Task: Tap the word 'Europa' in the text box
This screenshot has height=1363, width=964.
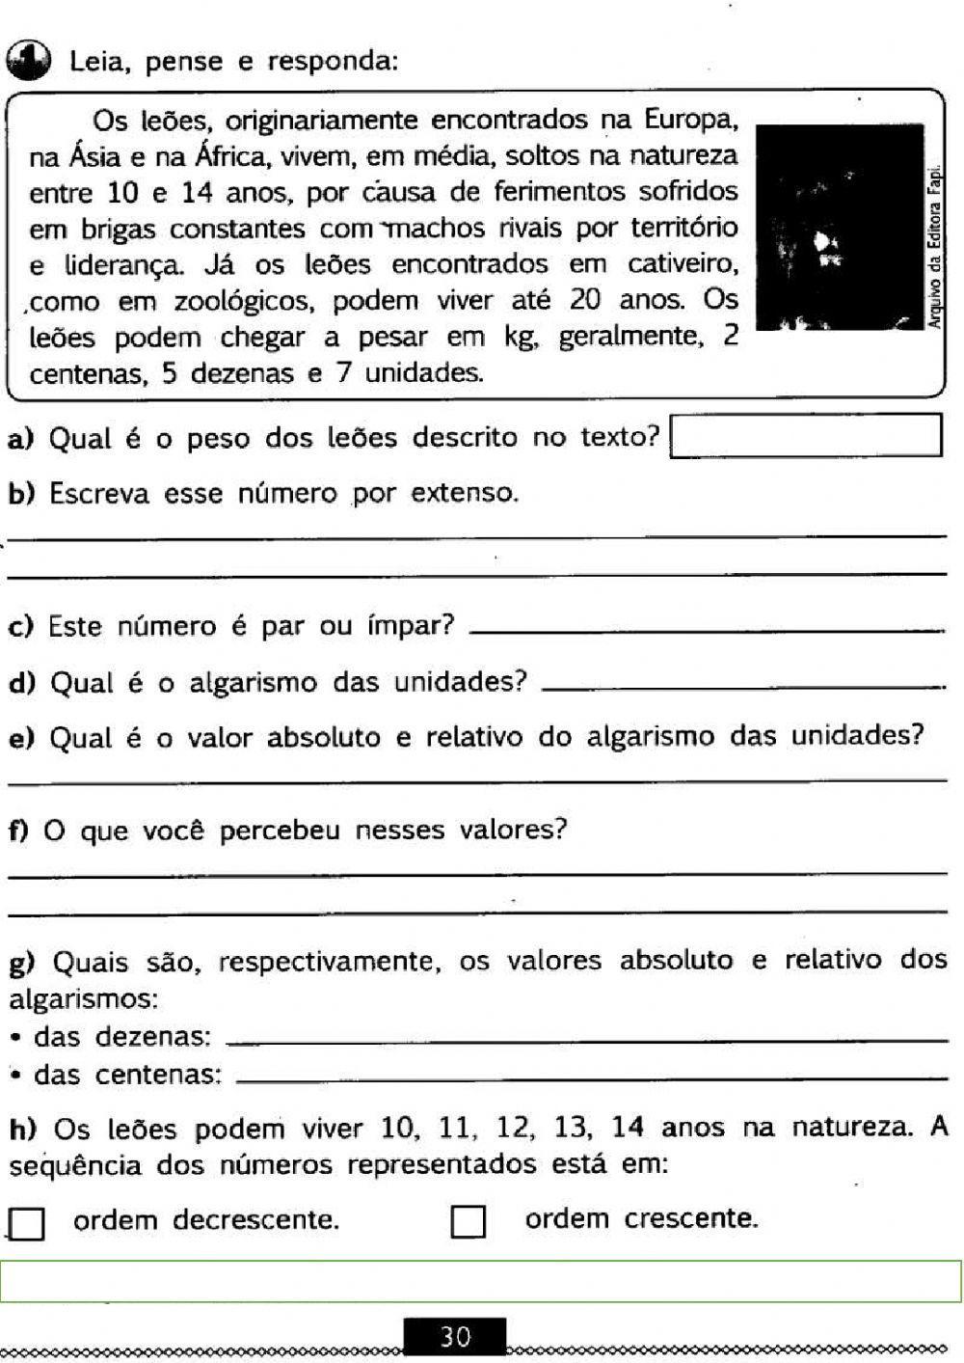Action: [x=691, y=121]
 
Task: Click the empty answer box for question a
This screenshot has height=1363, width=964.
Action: [x=805, y=435]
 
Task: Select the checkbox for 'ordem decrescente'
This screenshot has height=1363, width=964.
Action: [x=27, y=1224]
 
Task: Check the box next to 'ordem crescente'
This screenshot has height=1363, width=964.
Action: [x=469, y=1222]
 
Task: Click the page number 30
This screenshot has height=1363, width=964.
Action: [x=455, y=1337]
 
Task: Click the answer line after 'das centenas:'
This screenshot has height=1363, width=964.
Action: [x=591, y=1077]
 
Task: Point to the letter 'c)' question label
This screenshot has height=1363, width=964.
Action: [x=21, y=627]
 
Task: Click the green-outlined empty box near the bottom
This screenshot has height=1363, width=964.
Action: [x=481, y=1281]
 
